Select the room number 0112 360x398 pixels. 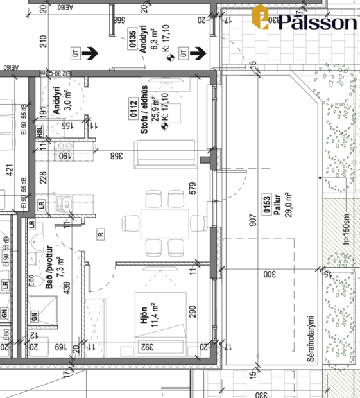[x=134, y=111]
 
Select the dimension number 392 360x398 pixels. [x=147, y=347]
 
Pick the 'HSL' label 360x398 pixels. [x=40, y=132]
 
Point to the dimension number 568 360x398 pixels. [x=118, y=21]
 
